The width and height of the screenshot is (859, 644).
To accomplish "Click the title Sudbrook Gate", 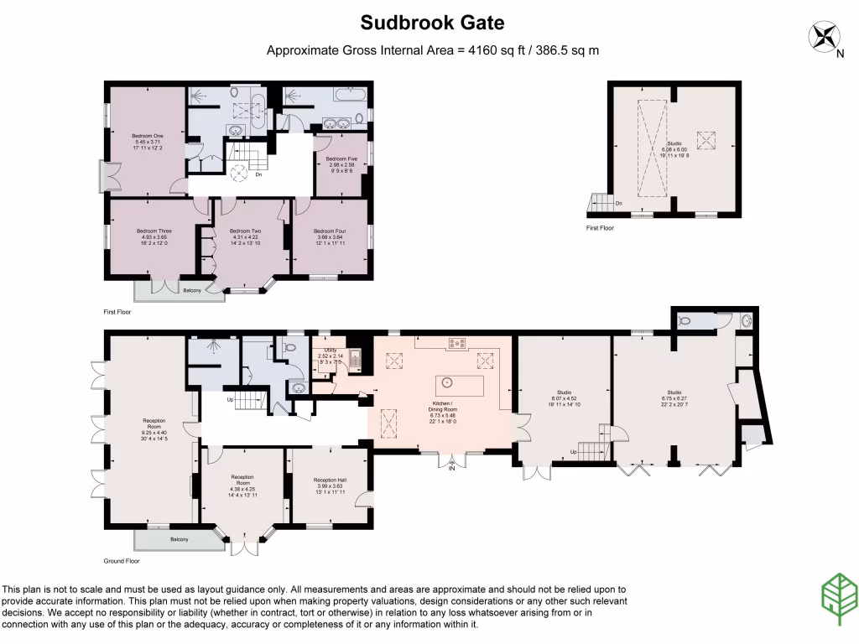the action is pos(432,22).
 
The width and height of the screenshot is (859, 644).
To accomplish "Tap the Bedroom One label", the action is pos(147,135).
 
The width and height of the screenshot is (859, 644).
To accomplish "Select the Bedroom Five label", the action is pos(341,158).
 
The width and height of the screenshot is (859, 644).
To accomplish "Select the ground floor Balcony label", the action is pos(180,539).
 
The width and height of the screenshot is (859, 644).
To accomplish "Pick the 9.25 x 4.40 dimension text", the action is pos(154,432).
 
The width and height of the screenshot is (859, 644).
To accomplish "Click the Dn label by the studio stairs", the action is pos(619,203).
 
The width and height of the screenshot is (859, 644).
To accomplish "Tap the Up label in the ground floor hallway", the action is pos(231,399).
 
